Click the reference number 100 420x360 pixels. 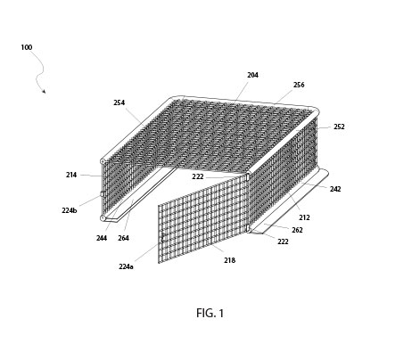(x=27, y=47)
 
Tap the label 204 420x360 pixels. (x=253, y=75)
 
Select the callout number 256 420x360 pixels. (x=299, y=85)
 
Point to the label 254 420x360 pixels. (x=119, y=102)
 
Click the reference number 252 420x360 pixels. (x=339, y=127)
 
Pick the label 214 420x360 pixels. (x=71, y=175)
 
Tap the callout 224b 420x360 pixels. (x=70, y=210)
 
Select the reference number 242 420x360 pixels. (x=335, y=189)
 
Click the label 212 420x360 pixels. (x=305, y=217)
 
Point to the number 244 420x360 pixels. (x=102, y=238)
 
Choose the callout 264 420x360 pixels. (x=124, y=238)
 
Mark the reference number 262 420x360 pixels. (x=297, y=230)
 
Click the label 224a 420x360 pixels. (x=126, y=266)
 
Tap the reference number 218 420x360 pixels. (x=229, y=259)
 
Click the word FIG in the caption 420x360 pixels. (x=204, y=313)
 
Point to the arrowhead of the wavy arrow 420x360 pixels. (x=44, y=91)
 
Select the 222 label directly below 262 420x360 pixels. (x=283, y=241)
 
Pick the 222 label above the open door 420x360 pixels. (x=198, y=176)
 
